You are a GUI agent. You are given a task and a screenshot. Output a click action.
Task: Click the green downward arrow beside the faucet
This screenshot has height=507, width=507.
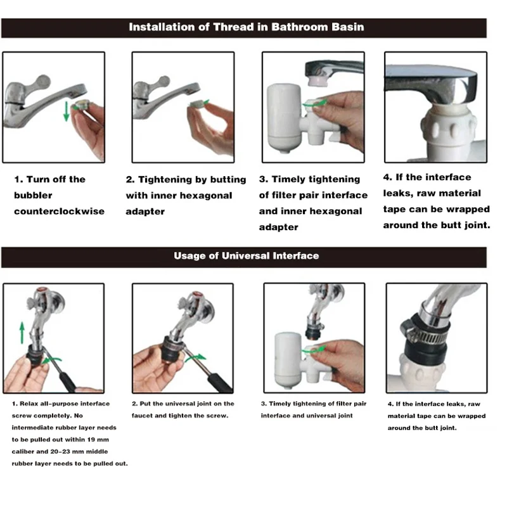[x=67, y=111]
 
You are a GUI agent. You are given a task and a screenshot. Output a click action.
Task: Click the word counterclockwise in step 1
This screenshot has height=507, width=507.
[x=59, y=211]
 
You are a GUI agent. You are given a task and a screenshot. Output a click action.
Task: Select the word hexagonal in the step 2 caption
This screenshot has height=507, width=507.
[x=205, y=196]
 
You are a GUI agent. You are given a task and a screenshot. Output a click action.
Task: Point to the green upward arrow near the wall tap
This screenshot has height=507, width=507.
[x=22, y=333]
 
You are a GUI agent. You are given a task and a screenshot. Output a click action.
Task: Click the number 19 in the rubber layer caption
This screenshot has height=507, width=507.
[x=92, y=440]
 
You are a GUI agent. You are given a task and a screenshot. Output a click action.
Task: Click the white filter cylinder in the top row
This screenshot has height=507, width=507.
[x=284, y=118]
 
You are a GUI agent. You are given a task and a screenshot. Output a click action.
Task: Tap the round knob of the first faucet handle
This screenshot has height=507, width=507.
[x=42, y=82]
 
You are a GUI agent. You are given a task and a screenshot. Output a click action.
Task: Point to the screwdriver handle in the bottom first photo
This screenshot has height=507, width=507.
[x=67, y=382]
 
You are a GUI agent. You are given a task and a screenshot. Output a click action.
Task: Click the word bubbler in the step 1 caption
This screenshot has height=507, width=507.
[x=33, y=195]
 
